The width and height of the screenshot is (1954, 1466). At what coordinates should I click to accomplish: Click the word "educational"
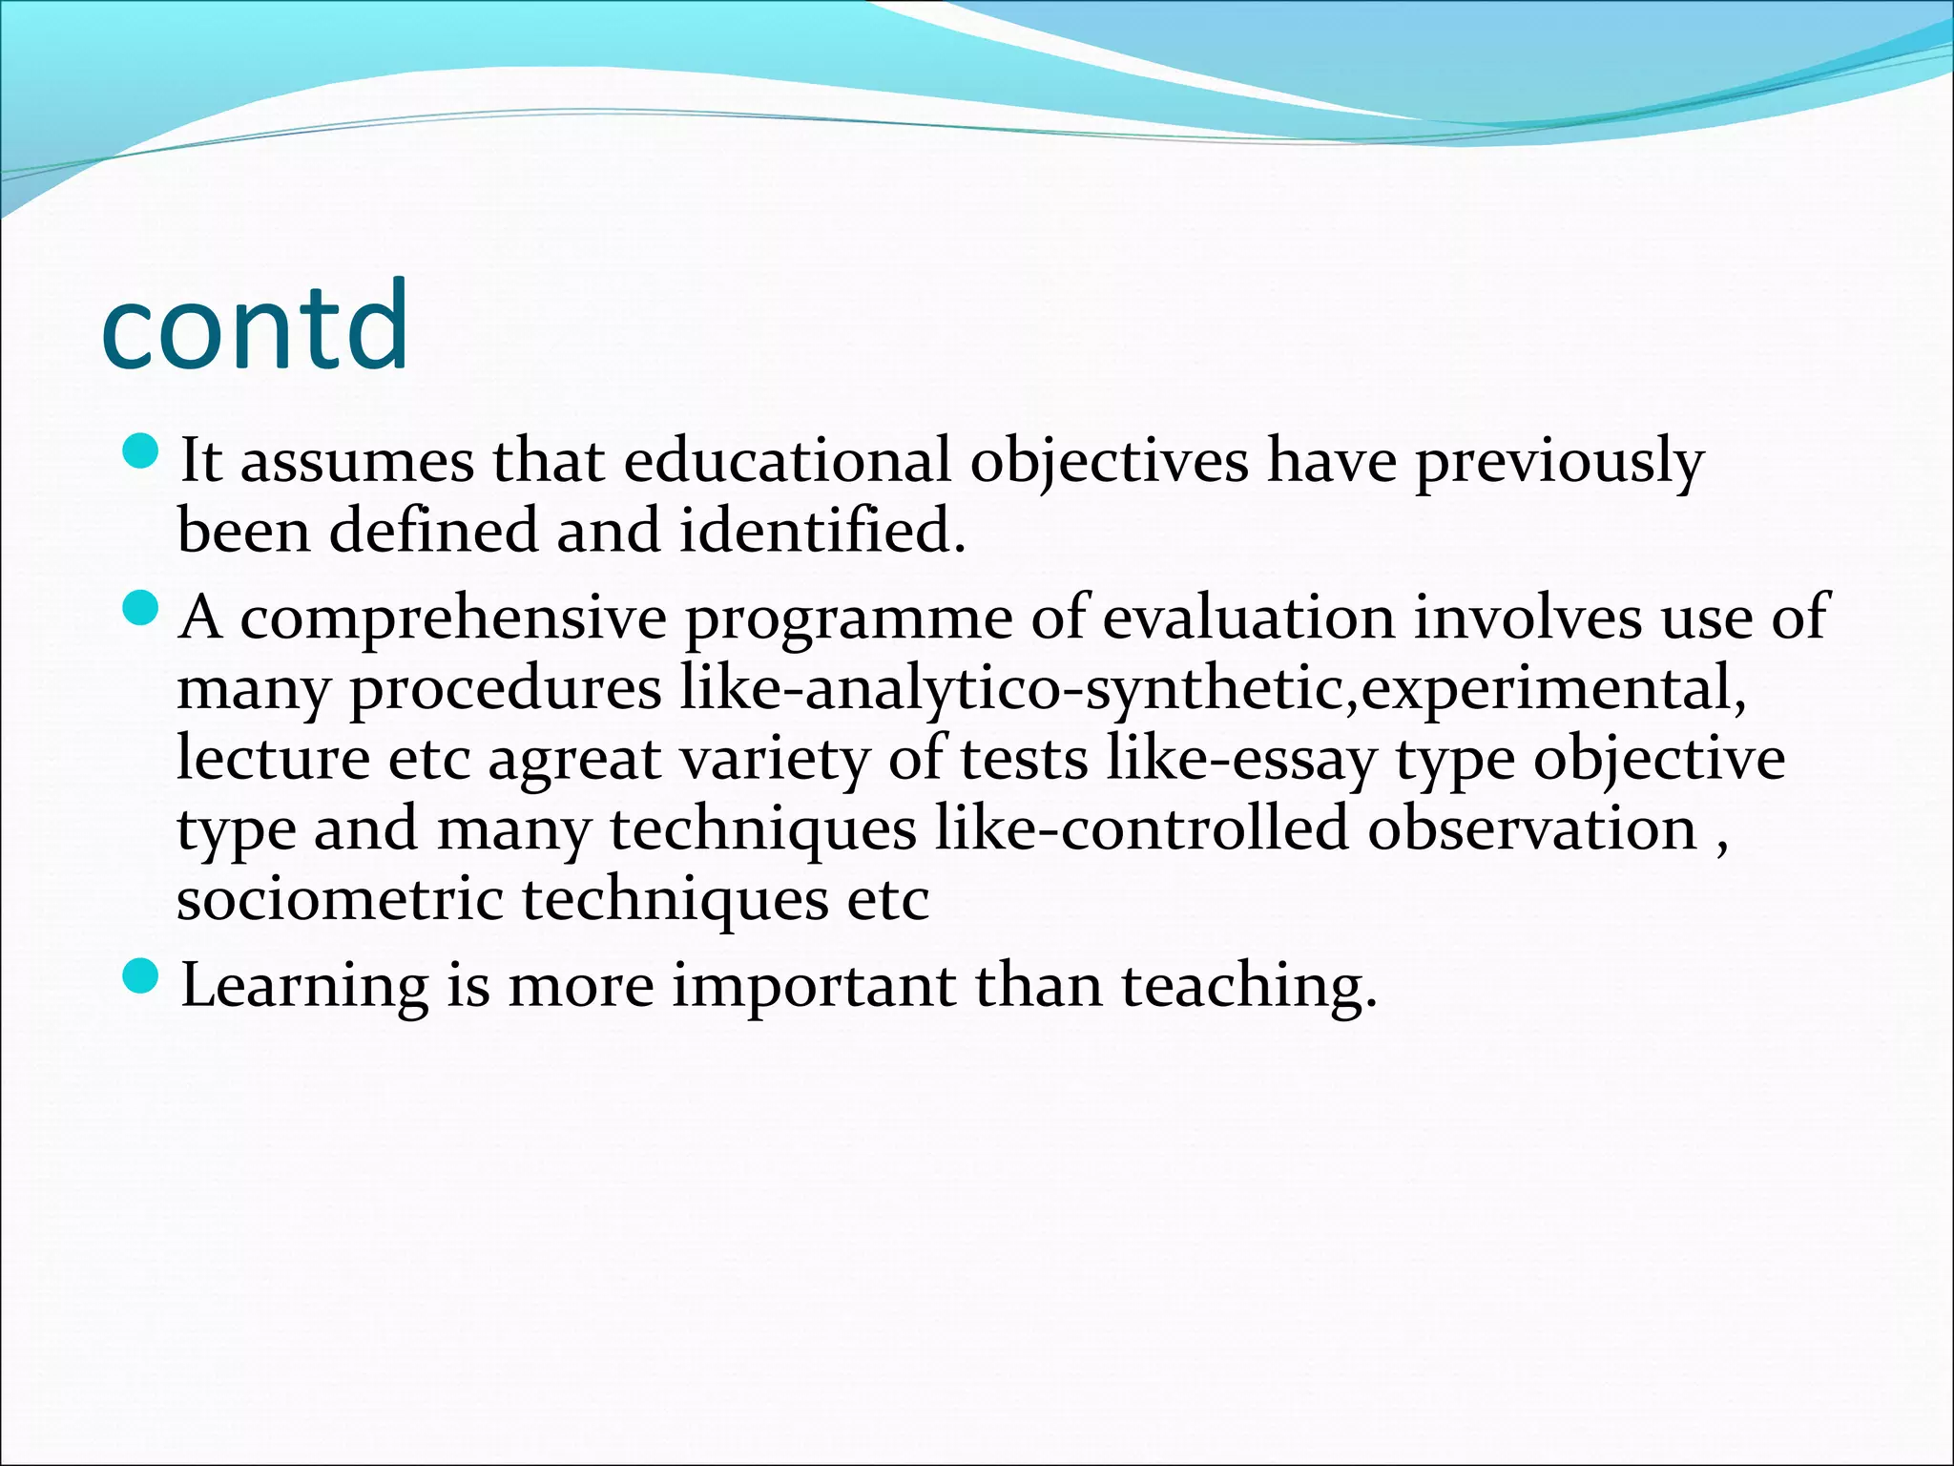tap(787, 460)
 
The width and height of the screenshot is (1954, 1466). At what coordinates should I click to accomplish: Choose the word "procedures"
tap(505, 690)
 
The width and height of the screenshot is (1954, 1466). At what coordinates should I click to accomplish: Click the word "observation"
tap(1531, 828)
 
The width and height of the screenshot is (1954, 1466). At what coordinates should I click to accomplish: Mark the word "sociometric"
tap(339, 899)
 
